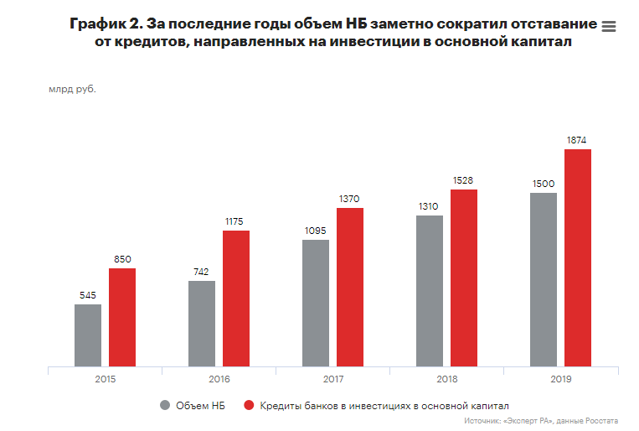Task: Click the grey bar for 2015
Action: [x=88, y=335]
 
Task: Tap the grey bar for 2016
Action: [x=202, y=324]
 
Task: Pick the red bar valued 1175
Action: [x=236, y=299]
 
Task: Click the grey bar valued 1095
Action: [x=316, y=304]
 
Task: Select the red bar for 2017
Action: [x=350, y=287]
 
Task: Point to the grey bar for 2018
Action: [x=430, y=291]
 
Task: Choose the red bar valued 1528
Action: [x=464, y=278]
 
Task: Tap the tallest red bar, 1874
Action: [x=578, y=257]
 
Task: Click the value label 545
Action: [x=88, y=295]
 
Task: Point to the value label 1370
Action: [x=350, y=199]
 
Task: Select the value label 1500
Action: [x=544, y=184]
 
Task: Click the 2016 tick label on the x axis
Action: [x=219, y=380]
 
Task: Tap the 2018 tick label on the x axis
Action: [x=447, y=380]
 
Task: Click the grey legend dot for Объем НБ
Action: [x=165, y=405]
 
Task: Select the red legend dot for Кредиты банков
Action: [x=248, y=405]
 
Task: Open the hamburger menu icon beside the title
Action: [x=609, y=27]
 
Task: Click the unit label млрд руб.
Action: [x=73, y=89]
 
